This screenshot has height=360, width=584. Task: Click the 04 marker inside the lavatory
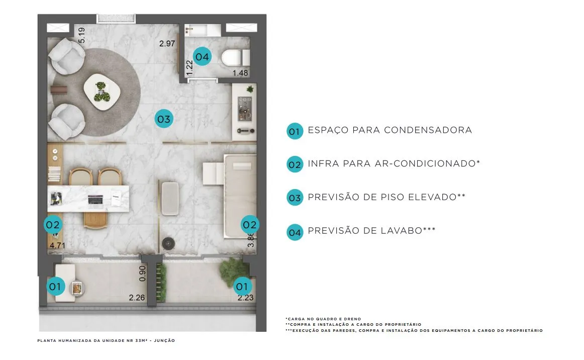point(202,57)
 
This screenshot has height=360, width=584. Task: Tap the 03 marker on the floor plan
point(164,119)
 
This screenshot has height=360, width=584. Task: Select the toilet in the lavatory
point(235,58)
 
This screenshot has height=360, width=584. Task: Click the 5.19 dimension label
point(81,35)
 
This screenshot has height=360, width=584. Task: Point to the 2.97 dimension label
point(167,44)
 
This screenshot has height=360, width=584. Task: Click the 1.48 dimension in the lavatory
point(240,73)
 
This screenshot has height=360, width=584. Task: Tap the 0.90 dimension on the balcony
point(142,274)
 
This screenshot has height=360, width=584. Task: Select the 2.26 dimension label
point(137,297)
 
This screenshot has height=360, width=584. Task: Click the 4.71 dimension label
point(57,245)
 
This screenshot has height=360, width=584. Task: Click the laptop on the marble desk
point(95,200)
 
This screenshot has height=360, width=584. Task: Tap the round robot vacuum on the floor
point(168,243)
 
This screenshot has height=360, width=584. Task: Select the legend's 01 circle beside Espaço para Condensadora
point(295,131)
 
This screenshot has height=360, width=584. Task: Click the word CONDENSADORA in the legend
point(428,130)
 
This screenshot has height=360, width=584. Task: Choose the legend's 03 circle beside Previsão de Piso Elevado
point(295,198)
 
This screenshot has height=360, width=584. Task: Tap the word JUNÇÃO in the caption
point(164,340)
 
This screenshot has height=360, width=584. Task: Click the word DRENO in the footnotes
point(353,319)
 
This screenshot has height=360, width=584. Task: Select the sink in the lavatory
point(198,30)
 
